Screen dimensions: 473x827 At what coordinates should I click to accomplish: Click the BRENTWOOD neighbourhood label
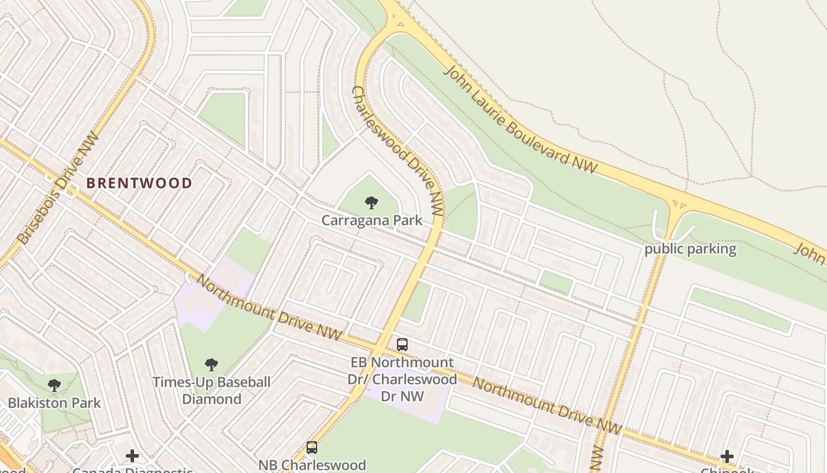pyautogui.click(x=139, y=183)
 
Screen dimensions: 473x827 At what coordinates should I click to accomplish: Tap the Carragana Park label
pyautogui.click(x=372, y=221)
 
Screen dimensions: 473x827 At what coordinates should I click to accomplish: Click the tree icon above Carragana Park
pyautogui.click(x=372, y=203)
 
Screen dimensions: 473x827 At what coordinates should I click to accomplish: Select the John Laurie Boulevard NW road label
pyautogui.click(x=520, y=120)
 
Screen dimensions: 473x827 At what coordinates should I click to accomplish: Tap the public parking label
pyautogui.click(x=690, y=249)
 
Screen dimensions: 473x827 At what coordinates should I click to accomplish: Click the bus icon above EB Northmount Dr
pyautogui.click(x=402, y=344)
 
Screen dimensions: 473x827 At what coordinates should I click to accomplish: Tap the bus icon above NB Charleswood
pyautogui.click(x=312, y=448)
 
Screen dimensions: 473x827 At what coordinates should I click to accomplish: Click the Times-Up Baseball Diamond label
pyautogui.click(x=211, y=390)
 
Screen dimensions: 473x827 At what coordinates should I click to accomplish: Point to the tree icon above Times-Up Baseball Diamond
pyautogui.click(x=211, y=365)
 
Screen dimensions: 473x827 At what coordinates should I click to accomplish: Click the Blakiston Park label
pyautogui.click(x=54, y=403)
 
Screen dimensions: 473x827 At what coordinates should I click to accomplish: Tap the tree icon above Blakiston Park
pyautogui.click(x=54, y=386)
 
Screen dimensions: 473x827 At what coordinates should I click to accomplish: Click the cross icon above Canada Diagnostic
pyautogui.click(x=132, y=456)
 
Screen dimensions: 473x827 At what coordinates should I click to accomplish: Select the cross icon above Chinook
pyautogui.click(x=727, y=456)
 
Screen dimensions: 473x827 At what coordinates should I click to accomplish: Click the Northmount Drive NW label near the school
pyautogui.click(x=269, y=307)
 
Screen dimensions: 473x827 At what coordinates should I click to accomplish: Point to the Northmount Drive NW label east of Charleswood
pyautogui.click(x=547, y=406)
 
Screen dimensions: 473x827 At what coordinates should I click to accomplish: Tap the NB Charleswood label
pyautogui.click(x=312, y=465)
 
